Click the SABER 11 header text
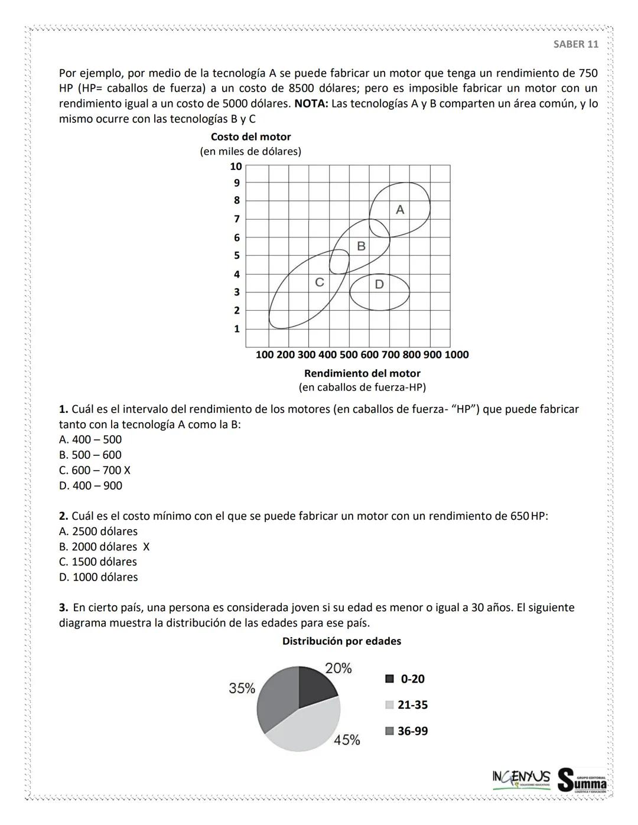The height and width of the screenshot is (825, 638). point(576,44)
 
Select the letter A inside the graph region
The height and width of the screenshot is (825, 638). point(400,210)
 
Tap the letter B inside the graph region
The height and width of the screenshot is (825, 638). point(361,246)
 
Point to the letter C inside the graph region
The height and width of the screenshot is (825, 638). point(319,282)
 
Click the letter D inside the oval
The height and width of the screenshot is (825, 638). point(379,284)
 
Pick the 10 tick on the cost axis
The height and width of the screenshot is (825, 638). point(236,167)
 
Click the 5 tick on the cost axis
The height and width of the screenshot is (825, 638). point(237,256)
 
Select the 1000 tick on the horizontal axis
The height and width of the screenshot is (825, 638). point(456,355)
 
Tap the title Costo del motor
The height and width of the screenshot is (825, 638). point(250,137)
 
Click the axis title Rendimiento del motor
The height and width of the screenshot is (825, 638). point(362,373)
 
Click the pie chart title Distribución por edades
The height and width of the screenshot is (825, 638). point(341,641)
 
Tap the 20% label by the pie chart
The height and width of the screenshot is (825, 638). point(338,669)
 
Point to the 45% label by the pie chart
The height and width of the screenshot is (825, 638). point(347,740)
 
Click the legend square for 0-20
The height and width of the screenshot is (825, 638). point(389,679)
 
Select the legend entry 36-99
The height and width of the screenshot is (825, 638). point(412,731)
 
